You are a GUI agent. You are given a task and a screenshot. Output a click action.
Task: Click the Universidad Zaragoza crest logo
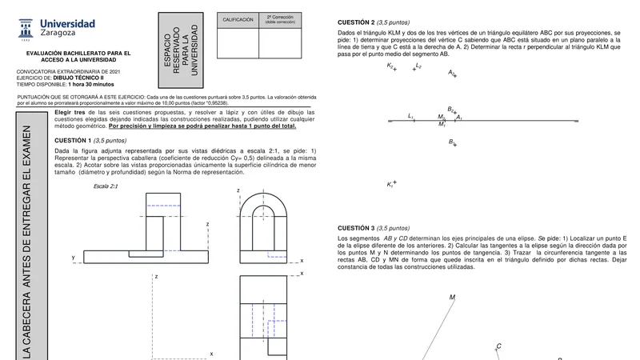point(26,30)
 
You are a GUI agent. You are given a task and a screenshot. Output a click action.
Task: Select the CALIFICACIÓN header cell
point(238,19)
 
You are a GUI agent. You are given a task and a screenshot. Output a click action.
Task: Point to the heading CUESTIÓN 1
point(74,140)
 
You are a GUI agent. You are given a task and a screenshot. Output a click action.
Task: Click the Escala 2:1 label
point(106,186)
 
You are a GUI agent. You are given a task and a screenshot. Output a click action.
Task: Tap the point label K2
point(390,66)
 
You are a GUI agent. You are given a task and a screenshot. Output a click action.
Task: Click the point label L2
point(418,66)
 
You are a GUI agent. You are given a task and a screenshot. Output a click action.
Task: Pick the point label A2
point(452,73)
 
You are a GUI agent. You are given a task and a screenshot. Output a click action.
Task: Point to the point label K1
point(390,185)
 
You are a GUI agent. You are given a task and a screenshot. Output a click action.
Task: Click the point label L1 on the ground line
point(411,117)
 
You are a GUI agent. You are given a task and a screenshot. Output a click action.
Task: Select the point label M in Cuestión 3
point(452,298)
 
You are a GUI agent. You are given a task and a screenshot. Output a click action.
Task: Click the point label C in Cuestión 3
point(498,346)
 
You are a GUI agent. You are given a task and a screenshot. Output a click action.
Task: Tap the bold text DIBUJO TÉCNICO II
point(90,78)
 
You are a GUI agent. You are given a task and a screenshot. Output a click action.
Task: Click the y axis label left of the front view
point(73,258)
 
